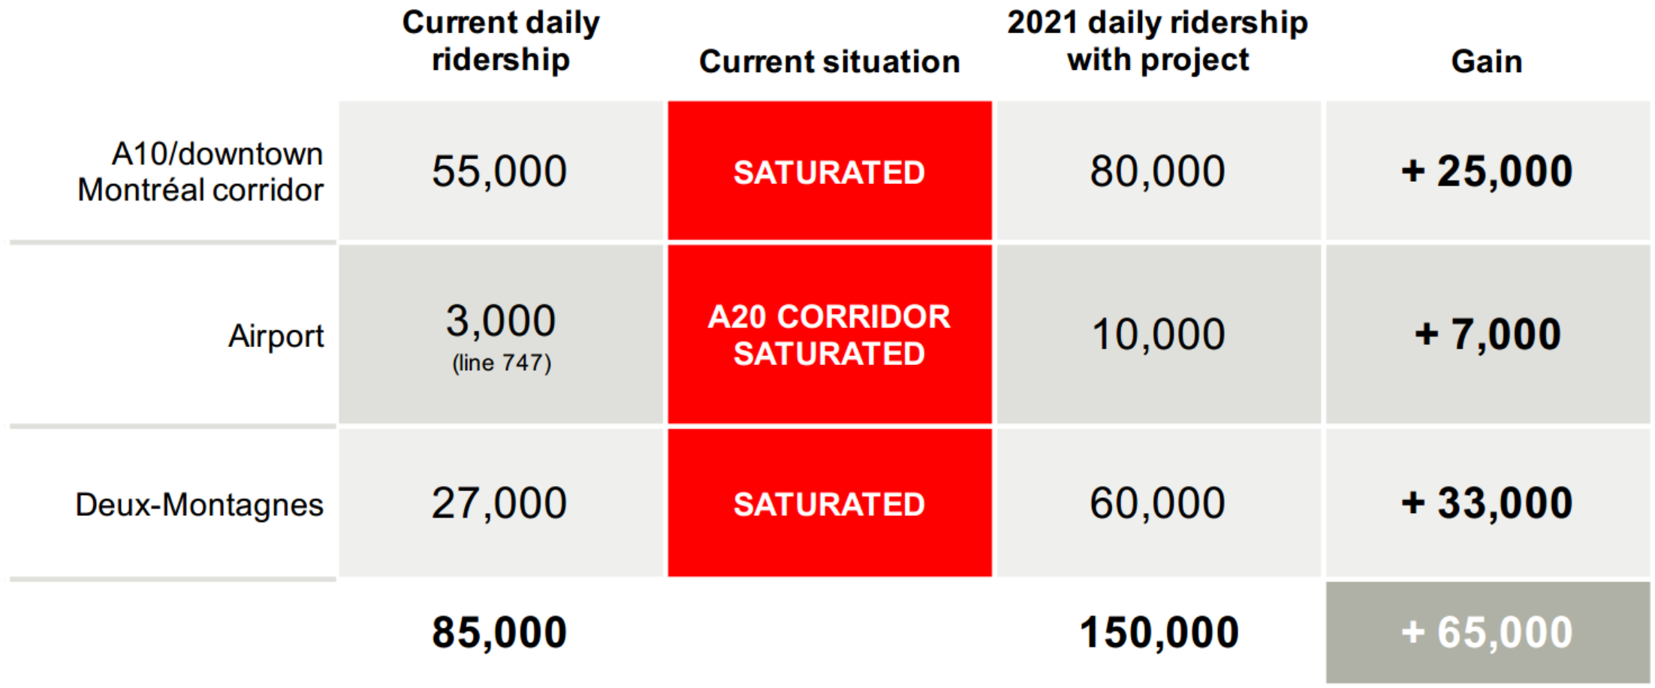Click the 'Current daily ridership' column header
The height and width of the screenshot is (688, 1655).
(x=501, y=41)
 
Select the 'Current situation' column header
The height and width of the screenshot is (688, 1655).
(x=830, y=61)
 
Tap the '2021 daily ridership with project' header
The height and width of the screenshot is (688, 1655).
(x=1158, y=41)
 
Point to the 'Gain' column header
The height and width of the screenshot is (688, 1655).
(x=1487, y=61)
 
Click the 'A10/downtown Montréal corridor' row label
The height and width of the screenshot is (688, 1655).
(x=200, y=172)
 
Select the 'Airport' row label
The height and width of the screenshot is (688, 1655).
(x=276, y=336)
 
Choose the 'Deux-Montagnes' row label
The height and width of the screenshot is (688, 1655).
(x=200, y=505)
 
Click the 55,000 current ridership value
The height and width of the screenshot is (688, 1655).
(x=499, y=171)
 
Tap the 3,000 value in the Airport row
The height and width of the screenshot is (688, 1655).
(x=501, y=321)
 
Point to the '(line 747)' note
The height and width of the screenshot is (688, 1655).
(x=502, y=364)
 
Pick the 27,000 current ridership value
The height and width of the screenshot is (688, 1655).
(x=499, y=503)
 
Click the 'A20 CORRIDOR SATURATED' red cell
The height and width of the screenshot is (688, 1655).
(x=830, y=335)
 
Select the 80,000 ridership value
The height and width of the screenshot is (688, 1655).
(x=1158, y=171)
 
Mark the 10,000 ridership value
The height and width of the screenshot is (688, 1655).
(x=1159, y=334)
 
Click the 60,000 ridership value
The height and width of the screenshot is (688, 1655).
(x=1158, y=503)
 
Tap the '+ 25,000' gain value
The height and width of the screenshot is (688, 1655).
(x=1487, y=171)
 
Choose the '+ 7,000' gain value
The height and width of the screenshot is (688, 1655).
(x=1488, y=334)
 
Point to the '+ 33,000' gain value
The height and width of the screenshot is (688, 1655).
(x=1487, y=503)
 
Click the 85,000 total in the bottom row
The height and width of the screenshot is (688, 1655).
(x=499, y=632)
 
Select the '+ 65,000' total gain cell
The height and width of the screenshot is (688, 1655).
(x=1488, y=632)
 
